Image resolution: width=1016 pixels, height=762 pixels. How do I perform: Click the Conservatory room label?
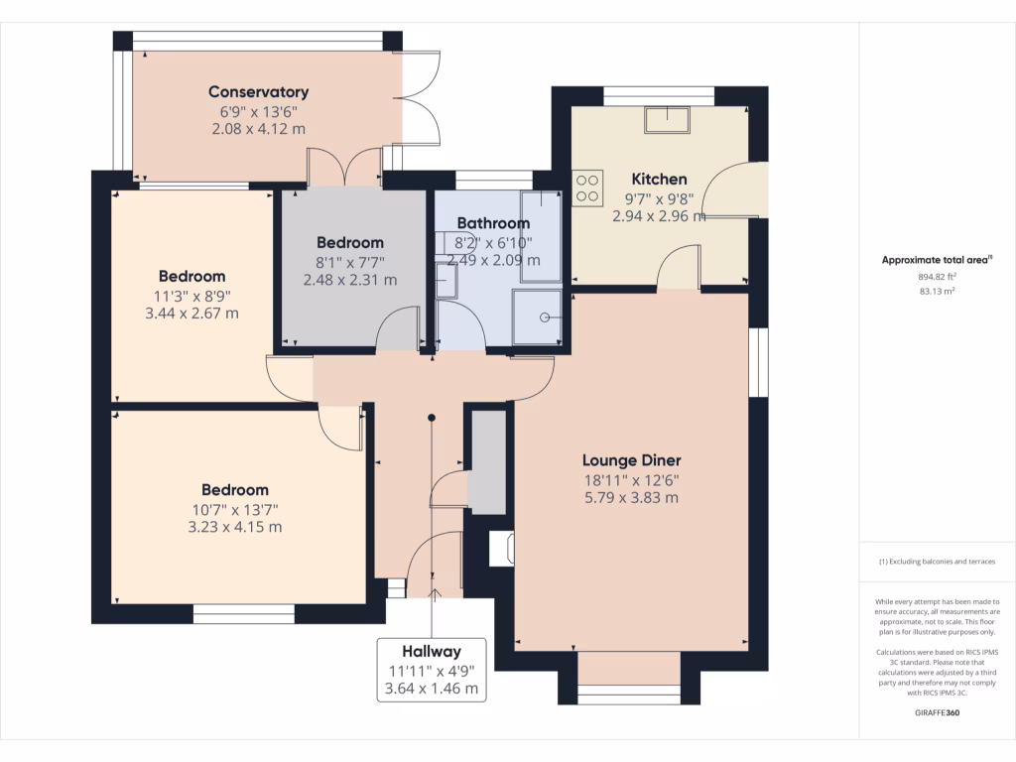(x=259, y=92)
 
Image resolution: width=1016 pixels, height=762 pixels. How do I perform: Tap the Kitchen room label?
(x=659, y=179)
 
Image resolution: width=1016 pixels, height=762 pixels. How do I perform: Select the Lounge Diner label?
(x=632, y=460)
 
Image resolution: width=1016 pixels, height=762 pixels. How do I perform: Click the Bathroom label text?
(x=493, y=223)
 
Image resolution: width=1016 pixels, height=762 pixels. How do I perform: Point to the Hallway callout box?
(x=432, y=670)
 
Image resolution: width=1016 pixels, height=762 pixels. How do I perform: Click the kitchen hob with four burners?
(x=587, y=188)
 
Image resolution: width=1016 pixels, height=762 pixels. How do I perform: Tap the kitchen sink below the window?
(x=667, y=120)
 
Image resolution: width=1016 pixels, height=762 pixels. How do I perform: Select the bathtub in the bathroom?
(x=541, y=236)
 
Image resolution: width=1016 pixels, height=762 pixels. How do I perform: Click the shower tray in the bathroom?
(x=537, y=317)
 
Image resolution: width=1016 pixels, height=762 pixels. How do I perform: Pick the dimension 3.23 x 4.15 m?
(x=235, y=527)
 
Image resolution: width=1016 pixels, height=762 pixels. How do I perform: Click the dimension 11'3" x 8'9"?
(x=192, y=296)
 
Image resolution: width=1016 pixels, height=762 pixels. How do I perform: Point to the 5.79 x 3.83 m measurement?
(x=632, y=498)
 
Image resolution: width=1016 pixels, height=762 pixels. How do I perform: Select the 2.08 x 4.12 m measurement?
(x=259, y=129)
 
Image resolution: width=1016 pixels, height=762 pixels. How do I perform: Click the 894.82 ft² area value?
(x=937, y=277)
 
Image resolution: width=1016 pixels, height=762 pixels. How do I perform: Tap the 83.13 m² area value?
(x=937, y=292)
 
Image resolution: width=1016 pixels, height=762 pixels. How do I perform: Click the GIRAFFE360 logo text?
(x=937, y=712)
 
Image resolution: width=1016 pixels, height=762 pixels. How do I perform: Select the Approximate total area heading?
(x=937, y=260)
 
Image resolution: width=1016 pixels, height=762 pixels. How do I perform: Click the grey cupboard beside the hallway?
(x=488, y=462)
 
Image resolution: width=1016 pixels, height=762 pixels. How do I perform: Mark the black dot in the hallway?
(x=432, y=418)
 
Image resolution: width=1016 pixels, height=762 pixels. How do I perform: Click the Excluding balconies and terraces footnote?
(x=937, y=562)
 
